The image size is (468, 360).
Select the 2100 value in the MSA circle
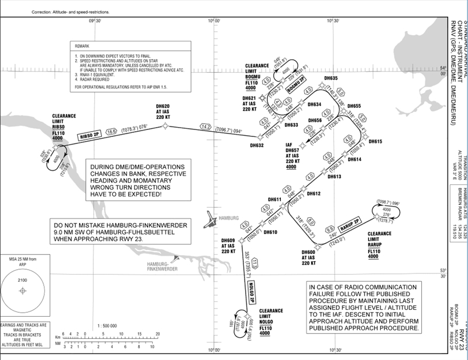(24, 282)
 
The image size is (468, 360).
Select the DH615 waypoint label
(374, 142)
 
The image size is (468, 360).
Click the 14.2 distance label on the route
(205, 126)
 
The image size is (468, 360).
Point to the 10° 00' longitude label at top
(214, 20)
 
